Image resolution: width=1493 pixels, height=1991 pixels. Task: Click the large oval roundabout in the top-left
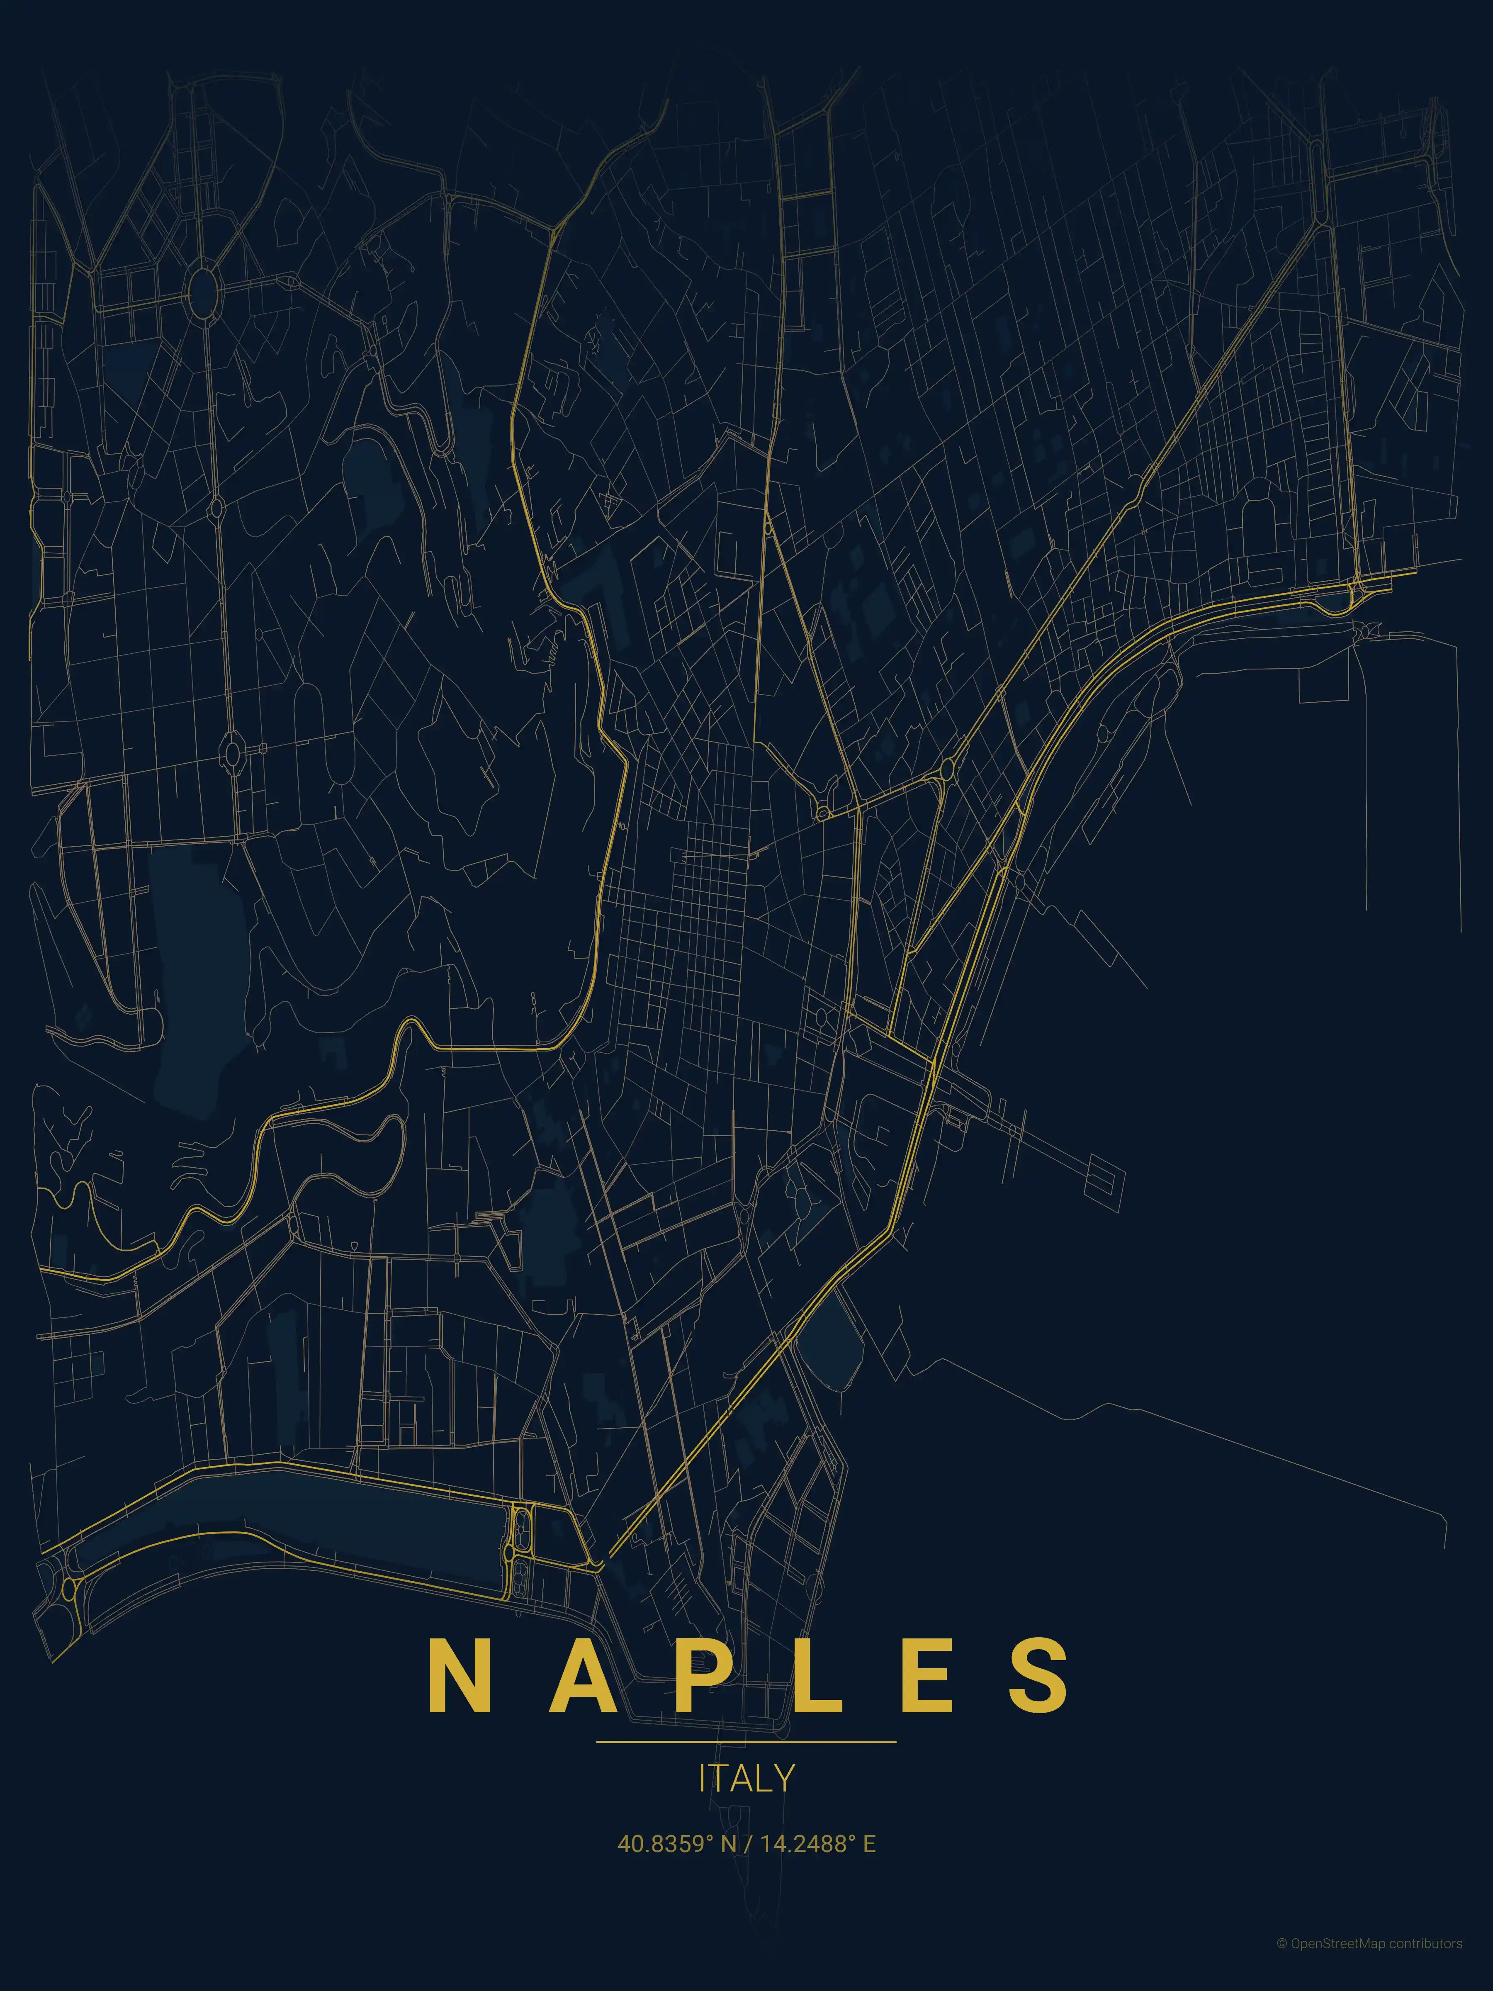pyautogui.click(x=204, y=290)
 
